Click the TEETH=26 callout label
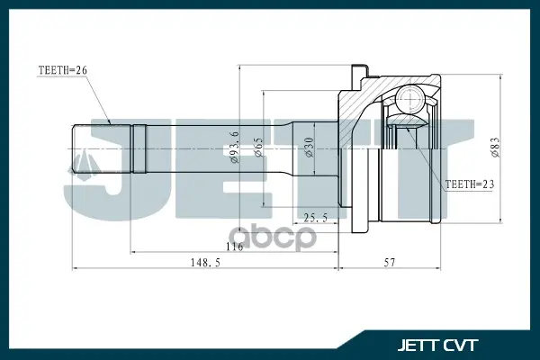[x=63, y=70]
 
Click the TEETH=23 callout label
[x=470, y=184]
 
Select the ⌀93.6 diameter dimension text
[x=235, y=147]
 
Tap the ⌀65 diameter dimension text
[x=258, y=148]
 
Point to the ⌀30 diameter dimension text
[x=309, y=148]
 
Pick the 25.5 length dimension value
[x=315, y=218]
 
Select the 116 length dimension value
[x=235, y=247]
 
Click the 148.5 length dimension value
[x=205, y=263]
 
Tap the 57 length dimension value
[x=390, y=263]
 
